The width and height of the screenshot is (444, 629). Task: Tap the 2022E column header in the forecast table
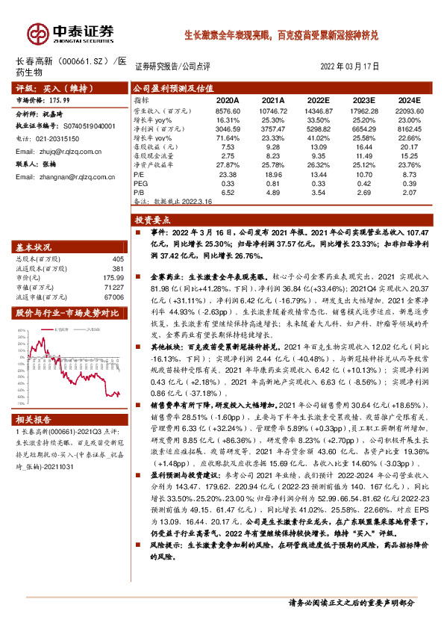[317, 99]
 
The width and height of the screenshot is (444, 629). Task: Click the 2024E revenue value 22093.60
[406, 110]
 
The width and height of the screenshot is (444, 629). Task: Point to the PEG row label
[140, 182]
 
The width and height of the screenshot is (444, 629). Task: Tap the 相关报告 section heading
[33, 420]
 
